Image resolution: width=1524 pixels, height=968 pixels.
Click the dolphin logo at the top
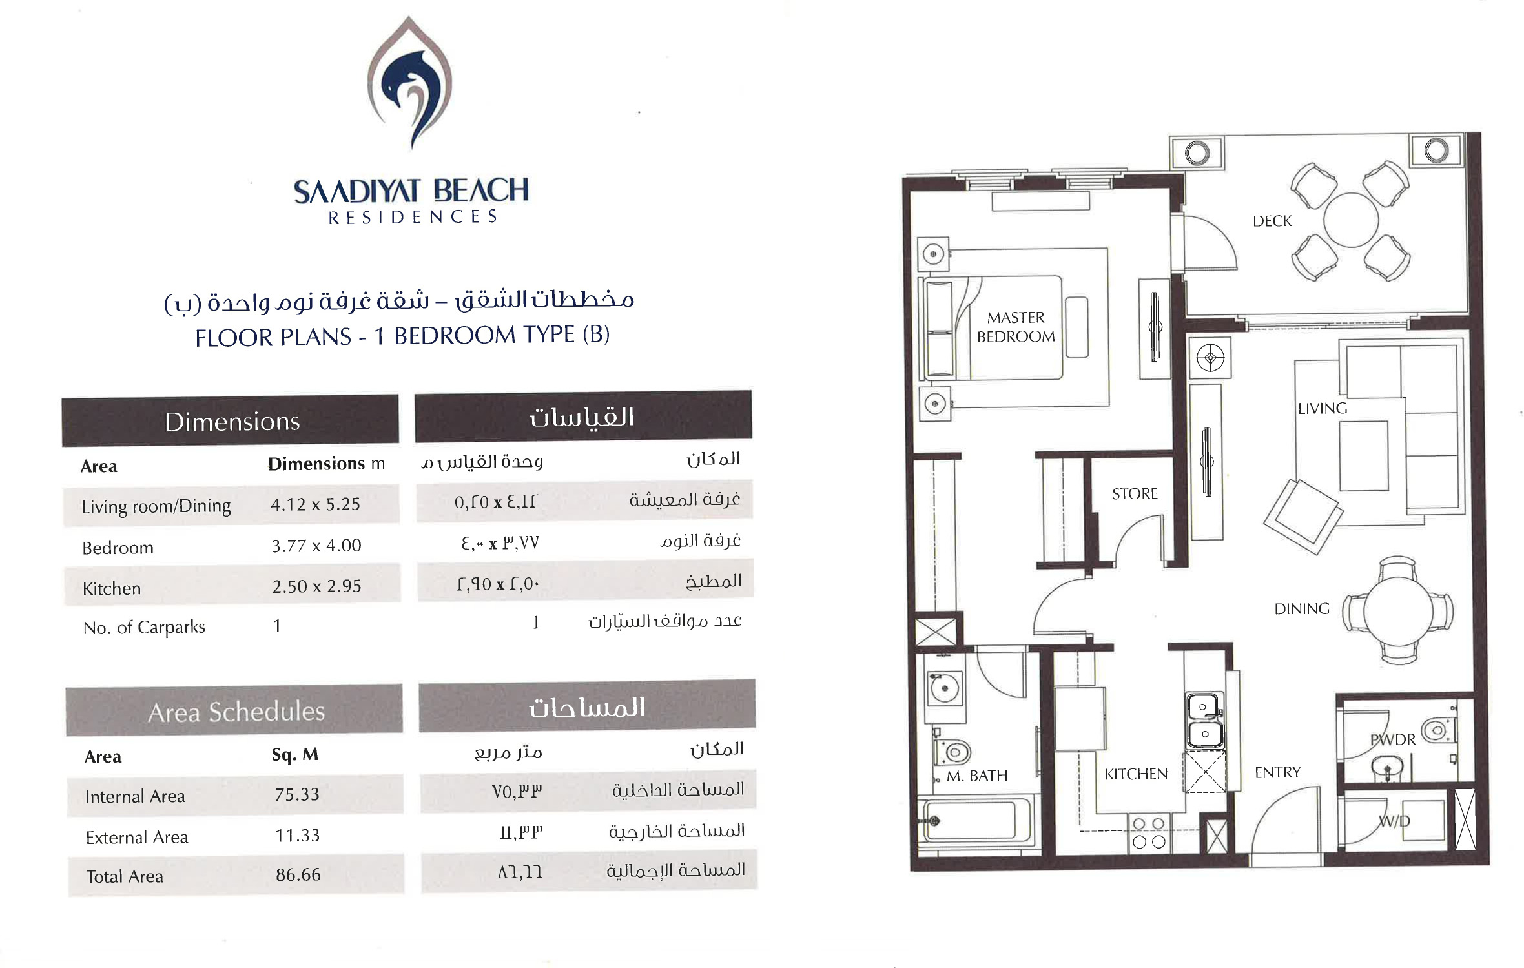pyautogui.click(x=409, y=83)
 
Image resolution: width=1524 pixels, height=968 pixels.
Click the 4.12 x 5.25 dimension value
pyautogui.click(x=315, y=504)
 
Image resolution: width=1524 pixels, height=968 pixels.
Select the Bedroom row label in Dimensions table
pyautogui.click(x=118, y=548)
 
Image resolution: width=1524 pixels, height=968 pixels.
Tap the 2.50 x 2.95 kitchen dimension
pyautogui.click(x=316, y=586)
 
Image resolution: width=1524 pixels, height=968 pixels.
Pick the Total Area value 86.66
pyautogui.click(x=298, y=875)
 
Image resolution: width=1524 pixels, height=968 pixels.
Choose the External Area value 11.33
pyautogui.click(x=297, y=836)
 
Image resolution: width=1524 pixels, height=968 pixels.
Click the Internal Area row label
pyautogui.click(x=135, y=796)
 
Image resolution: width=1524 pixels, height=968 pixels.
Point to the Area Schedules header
pyautogui.click(x=236, y=712)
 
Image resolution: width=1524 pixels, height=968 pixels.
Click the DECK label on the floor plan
pyautogui.click(x=1272, y=221)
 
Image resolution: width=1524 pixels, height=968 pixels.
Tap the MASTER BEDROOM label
pyautogui.click(x=1016, y=327)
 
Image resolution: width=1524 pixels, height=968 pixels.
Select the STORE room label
pyautogui.click(x=1135, y=493)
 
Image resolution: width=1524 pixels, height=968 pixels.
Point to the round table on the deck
pyautogui.click(x=1351, y=220)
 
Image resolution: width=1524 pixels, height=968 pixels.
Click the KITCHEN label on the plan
pyautogui.click(x=1136, y=774)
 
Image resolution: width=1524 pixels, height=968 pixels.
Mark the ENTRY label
pyautogui.click(x=1277, y=772)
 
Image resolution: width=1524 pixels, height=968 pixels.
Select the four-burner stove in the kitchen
pyautogui.click(x=1149, y=833)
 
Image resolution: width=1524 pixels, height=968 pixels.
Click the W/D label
pyautogui.click(x=1394, y=821)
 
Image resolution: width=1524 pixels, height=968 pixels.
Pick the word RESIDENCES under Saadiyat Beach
pyautogui.click(x=413, y=217)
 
